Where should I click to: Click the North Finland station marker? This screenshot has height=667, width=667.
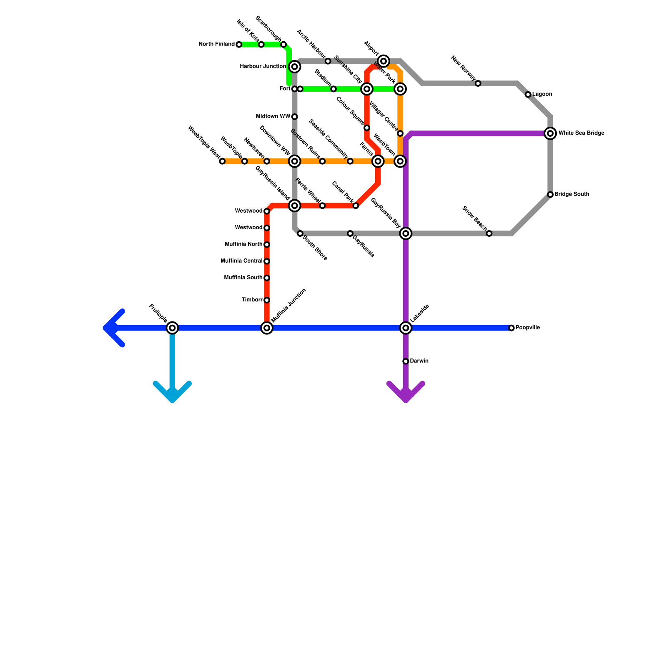pos(239,45)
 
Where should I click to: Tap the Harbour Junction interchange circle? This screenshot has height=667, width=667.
pos(295,67)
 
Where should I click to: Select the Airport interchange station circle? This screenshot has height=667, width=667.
pos(384,61)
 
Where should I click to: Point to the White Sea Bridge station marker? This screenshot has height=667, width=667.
pos(550,133)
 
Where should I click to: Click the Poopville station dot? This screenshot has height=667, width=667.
pos(512,328)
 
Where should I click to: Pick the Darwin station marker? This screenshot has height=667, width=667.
pos(406,361)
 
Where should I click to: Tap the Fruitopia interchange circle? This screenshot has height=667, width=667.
pos(172,328)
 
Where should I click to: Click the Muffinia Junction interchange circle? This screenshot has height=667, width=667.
pos(267,328)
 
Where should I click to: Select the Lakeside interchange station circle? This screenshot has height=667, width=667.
pos(406,328)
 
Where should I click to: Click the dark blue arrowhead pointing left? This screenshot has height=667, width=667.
pos(110,328)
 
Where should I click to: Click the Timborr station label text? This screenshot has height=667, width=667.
pos(252,300)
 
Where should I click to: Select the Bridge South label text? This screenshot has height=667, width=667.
pos(572,194)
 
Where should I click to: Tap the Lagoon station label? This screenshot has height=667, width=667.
pos(542,95)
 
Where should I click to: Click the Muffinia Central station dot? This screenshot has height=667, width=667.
pos(267,261)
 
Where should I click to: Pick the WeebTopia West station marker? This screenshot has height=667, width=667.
pos(222,161)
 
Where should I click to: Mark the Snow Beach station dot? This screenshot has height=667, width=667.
pos(489,233)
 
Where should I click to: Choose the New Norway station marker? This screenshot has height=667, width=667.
pos(478,83)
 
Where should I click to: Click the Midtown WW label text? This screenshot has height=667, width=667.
pos(273,117)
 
